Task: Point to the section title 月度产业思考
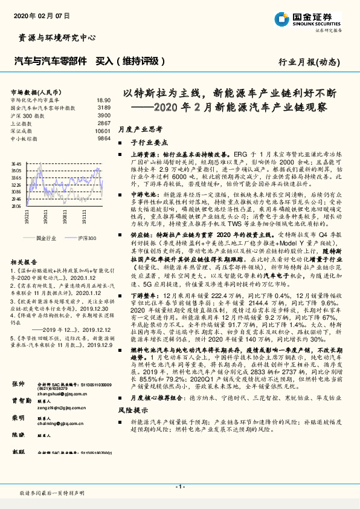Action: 140,129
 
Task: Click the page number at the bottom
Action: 180,487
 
